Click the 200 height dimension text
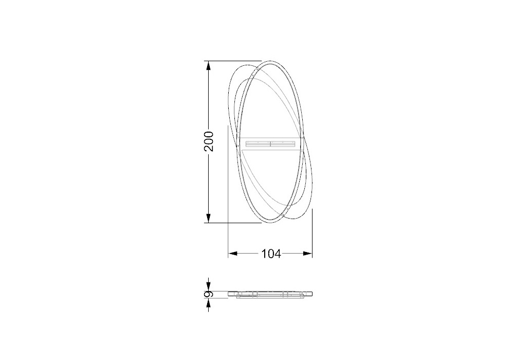point(209,141)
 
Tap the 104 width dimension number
point(271,254)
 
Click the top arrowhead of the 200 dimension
point(208,66)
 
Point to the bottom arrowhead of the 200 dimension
point(208,218)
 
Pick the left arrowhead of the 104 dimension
point(233,253)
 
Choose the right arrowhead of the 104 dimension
point(307,253)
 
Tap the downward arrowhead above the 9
point(208,286)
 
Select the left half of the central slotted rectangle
point(258,143)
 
